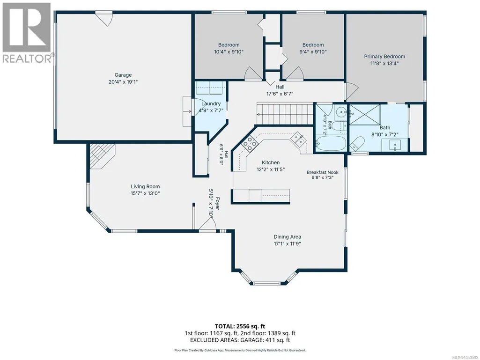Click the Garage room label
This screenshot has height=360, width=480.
(x=123, y=75)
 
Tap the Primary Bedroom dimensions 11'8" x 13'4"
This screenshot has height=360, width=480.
(x=384, y=63)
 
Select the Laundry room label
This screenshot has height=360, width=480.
(x=211, y=104)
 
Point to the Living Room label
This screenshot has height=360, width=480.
(x=146, y=186)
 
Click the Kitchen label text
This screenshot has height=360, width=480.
(x=271, y=162)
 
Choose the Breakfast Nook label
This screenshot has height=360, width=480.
(x=323, y=172)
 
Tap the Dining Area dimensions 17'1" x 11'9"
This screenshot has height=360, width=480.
(x=288, y=244)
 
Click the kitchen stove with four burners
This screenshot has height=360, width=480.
(x=250, y=143)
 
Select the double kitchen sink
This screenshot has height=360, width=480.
(x=299, y=139)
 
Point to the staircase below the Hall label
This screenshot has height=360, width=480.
(x=285, y=114)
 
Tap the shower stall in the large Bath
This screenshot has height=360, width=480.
(x=365, y=115)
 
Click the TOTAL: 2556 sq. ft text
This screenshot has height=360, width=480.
(x=240, y=326)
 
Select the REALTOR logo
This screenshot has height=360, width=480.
(x=27, y=32)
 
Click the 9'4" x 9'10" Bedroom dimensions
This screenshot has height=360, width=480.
(x=313, y=52)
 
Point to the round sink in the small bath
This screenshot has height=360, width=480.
(x=340, y=113)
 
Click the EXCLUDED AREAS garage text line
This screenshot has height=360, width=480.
(x=240, y=340)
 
